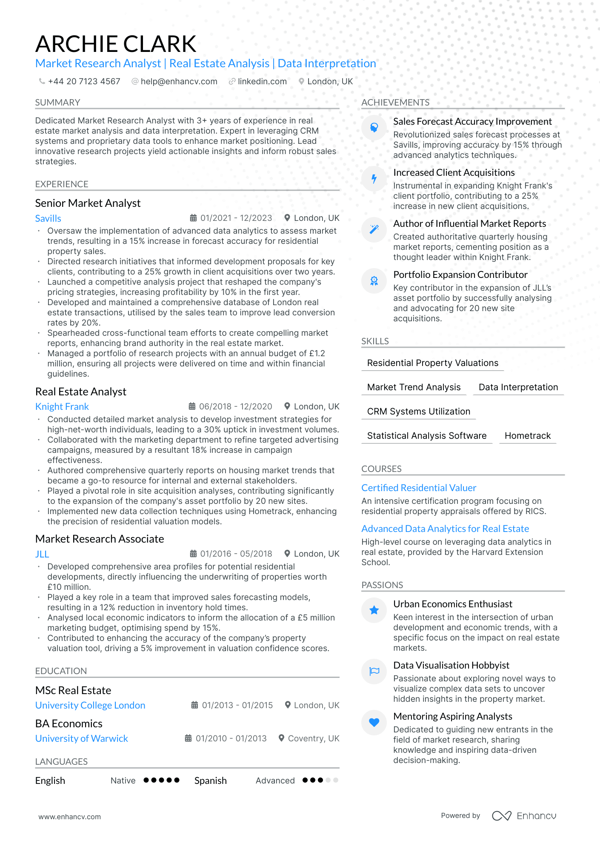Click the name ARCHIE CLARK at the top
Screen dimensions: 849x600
116,44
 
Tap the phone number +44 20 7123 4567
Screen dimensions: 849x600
84,81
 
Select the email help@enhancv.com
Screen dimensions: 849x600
179,81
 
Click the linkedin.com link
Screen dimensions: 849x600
262,81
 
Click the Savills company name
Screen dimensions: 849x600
48,218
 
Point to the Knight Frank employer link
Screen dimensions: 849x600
62,406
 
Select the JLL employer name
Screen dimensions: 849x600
42,554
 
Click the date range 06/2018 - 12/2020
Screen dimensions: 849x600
235,406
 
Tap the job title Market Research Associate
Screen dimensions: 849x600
100,539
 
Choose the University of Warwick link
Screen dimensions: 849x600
82,738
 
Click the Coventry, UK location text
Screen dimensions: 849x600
314,738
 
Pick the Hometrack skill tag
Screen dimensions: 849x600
527,436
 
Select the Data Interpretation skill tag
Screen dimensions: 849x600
518,387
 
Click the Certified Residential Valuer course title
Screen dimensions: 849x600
419,488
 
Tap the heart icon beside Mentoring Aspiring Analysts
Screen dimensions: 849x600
374,722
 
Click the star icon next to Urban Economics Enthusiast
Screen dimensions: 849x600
374,610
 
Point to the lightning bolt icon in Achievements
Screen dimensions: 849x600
374,179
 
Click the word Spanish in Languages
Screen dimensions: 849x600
211,780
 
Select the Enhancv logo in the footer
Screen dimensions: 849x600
524,816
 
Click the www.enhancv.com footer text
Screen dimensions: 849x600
70,817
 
